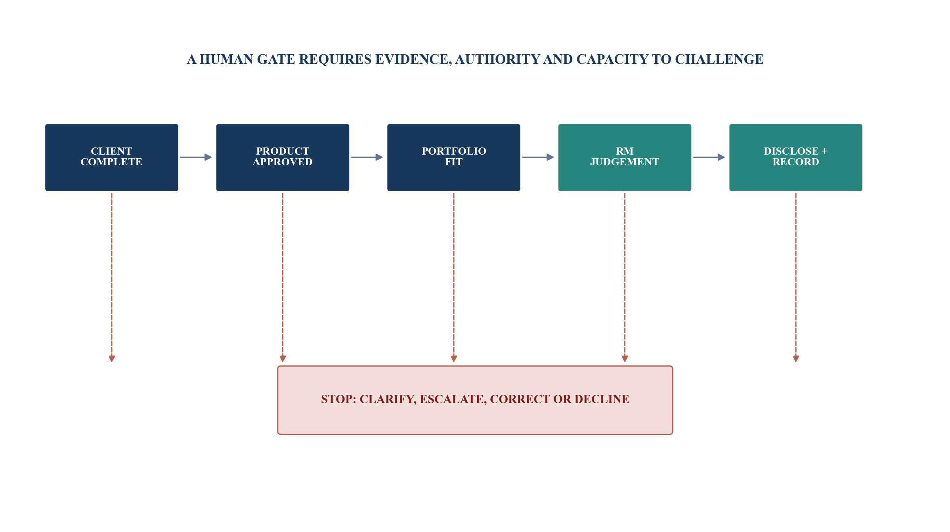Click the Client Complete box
(x=111, y=157)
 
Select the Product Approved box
(x=283, y=157)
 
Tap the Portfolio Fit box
(x=453, y=157)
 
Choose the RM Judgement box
(x=625, y=157)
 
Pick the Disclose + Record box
(x=795, y=157)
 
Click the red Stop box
(x=475, y=400)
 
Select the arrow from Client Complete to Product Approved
(x=196, y=157)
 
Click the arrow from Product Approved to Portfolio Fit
(x=367, y=157)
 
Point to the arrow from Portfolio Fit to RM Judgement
(x=538, y=157)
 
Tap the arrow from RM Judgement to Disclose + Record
(x=709, y=157)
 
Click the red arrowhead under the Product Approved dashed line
(x=283, y=359)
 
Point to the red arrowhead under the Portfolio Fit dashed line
(x=454, y=359)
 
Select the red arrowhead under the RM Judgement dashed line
(x=625, y=359)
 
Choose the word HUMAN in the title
(x=226, y=59)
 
